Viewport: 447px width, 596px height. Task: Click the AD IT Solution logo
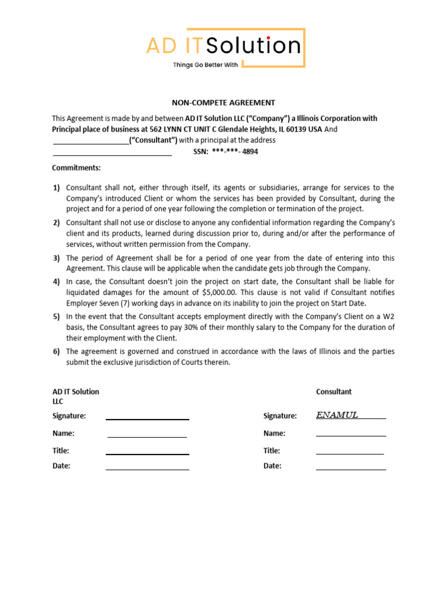tap(225, 46)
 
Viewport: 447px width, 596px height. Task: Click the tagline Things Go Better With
tap(205, 65)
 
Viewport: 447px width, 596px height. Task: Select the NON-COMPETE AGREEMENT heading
tap(223, 102)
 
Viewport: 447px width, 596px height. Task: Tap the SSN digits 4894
tap(249, 151)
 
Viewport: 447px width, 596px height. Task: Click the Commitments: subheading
tap(76, 168)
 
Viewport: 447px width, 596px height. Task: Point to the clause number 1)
tap(56, 187)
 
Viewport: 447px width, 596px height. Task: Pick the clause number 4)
tap(56, 282)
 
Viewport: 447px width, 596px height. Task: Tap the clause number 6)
tap(56, 352)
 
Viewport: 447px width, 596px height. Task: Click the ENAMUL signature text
tap(337, 415)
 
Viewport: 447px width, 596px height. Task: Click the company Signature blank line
tap(147, 418)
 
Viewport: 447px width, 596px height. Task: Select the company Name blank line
tap(147, 436)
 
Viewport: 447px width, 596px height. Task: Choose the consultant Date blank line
tap(350, 469)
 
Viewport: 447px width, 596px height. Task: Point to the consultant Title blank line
tap(349, 453)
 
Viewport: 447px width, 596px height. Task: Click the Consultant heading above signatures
tap(334, 392)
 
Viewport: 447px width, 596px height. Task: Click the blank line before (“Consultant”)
tap(91, 143)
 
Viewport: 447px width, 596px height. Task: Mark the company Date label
tap(61, 466)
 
